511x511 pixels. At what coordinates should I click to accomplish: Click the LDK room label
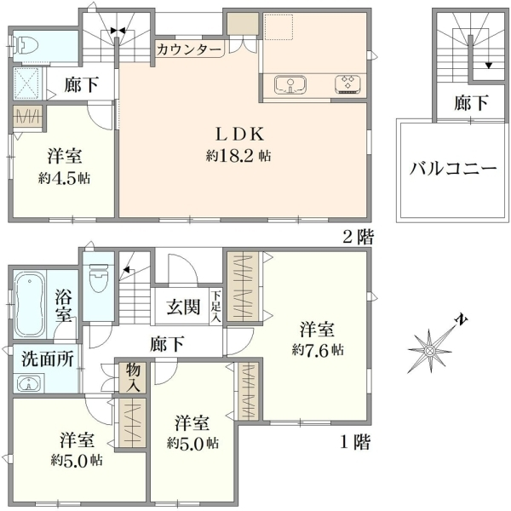click(239, 134)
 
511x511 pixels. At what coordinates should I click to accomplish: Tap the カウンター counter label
click(189, 49)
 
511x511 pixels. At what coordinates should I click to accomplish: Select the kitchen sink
click(290, 84)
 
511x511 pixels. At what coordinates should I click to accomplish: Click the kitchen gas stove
click(347, 84)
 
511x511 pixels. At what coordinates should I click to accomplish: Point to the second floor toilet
click(26, 45)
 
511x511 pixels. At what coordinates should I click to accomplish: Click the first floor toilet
click(98, 278)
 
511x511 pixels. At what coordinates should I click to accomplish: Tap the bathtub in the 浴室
click(30, 306)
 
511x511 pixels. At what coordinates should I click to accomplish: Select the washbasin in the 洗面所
click(29, 382)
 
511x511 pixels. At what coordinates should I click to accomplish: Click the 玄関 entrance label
click(183, 307)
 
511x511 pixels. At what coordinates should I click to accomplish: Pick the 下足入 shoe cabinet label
click(216, 307)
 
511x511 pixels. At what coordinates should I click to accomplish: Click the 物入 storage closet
click(133, 377)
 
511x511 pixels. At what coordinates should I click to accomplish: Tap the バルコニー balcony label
click(453, 169)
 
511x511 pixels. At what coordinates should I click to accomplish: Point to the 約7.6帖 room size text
click(318, 350)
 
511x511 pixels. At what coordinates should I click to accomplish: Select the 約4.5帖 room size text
click(64, 178)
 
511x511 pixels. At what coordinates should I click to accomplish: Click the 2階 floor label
click(358, 237)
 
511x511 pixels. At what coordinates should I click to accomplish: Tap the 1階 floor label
click(355, 442)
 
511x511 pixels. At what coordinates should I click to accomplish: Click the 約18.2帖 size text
click(238, 156)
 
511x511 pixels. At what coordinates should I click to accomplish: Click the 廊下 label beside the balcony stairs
click(471, 103)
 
